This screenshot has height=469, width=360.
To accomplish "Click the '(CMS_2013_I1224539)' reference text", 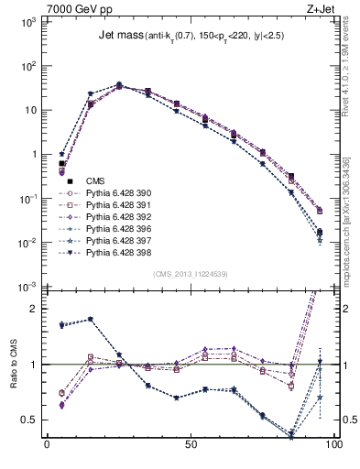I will (x=188, y=273).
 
